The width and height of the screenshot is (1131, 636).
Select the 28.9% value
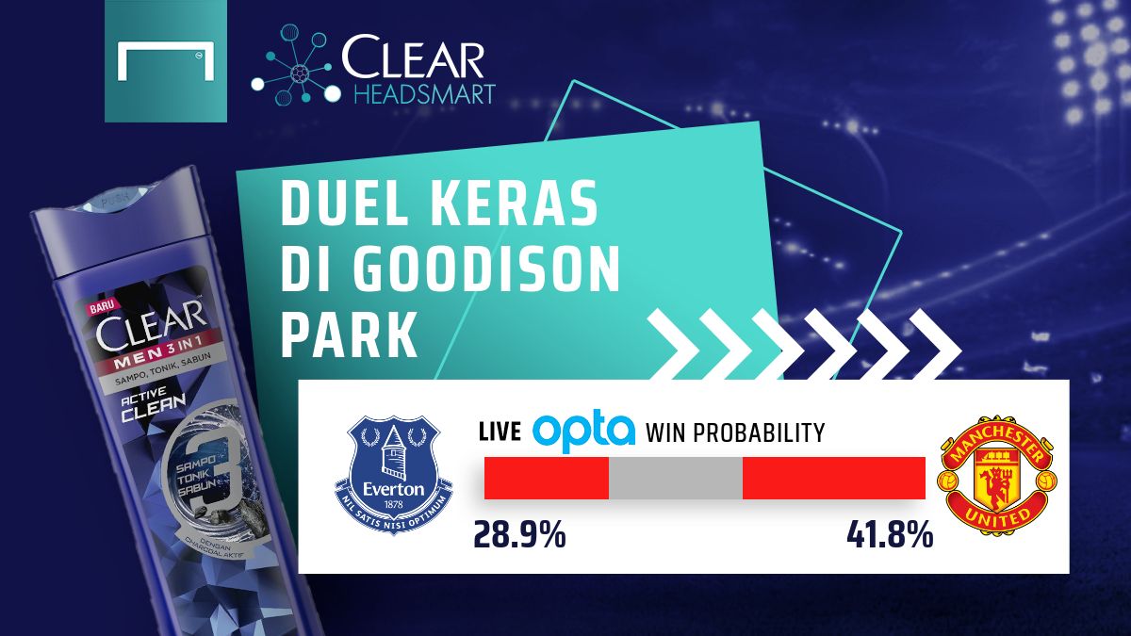coord(519,536)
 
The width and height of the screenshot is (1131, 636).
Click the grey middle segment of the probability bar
coord(676,478)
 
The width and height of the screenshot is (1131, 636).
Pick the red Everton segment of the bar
coord(546,478)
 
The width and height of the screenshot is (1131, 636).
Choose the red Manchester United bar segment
coord(833,478)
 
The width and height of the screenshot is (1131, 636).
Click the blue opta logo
coord(583,432)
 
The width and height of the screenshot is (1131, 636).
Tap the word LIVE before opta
coord(500,432)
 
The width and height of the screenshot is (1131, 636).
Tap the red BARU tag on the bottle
coord(101,307)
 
